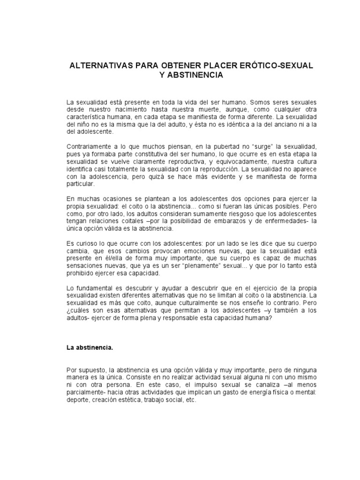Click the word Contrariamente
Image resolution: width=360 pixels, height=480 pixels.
[x=90, y=148]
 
